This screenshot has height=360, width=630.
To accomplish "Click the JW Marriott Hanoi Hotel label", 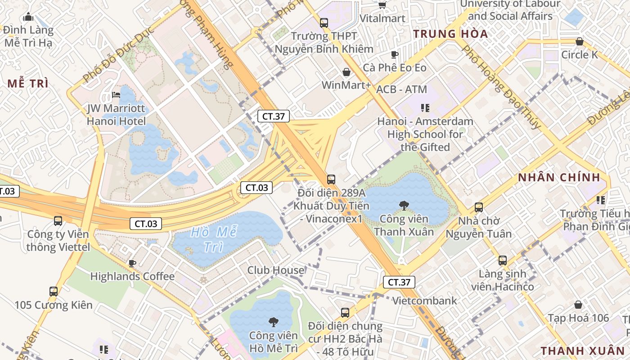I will [116, 115].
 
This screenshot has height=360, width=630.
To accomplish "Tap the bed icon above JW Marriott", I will [116, 95].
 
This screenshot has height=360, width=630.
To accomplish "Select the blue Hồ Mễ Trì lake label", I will [213, 239].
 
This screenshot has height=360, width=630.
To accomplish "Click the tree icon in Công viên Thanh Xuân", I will [404, 206].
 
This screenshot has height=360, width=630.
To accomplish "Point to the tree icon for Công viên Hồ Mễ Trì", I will [273, 322].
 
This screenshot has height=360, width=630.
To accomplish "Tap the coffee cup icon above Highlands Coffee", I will [132, 263].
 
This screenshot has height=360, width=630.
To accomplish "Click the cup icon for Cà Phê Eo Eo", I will [395, 54].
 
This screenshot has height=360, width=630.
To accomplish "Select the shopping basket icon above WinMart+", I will [346, 72].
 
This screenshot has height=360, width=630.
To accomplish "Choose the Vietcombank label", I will [424, 301].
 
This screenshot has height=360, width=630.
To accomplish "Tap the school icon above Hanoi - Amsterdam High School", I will [425, 108].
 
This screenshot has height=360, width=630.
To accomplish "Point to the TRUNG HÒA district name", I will [450, 34].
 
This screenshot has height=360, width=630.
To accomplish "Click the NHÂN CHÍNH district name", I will [559, 177].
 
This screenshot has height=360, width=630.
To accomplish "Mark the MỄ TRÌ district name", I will [28, 83].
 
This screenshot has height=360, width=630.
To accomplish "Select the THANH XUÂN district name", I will [582, 351].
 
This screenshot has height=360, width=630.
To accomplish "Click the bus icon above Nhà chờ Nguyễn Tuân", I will [478, 207].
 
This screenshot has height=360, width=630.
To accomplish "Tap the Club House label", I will [276, 270].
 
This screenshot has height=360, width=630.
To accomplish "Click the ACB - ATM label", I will [401, 90].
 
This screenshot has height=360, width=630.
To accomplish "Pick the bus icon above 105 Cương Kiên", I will [54, 292].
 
